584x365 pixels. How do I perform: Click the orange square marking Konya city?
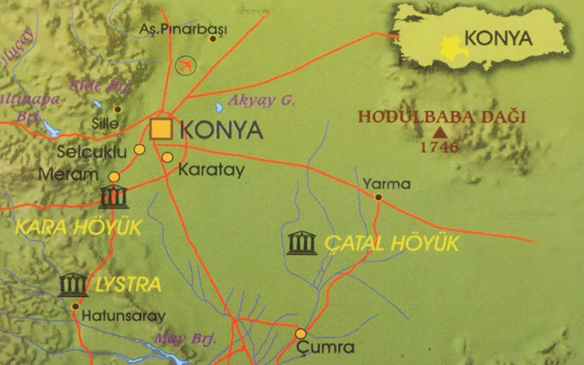pos(161,129)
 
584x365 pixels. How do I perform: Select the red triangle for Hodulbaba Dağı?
pos(440,133)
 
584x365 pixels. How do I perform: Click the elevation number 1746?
pos(439,147)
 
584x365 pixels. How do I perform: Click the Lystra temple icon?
pos(74,285)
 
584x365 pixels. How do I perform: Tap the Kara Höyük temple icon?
pos(113,197)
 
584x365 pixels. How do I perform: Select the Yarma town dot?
pos(378,197)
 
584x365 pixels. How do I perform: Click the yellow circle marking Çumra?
pos(301,334)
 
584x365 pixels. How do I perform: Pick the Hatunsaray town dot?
pos(75,306)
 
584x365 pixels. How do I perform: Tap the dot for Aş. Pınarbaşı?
pos(213,39)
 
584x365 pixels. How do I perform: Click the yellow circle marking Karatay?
pos(167,157)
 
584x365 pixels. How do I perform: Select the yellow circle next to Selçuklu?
pos(139,149)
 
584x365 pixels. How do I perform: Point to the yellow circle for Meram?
pos(114,177)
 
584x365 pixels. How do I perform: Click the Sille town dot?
pos(117,109)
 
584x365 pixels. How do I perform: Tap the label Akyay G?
pos(261,102)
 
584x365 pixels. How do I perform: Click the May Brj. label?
pos(185,339)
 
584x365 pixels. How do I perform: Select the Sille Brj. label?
pos(102,87)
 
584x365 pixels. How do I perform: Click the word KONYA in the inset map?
pos(498,38)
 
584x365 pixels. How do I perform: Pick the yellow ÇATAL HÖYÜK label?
pos(391,244)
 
